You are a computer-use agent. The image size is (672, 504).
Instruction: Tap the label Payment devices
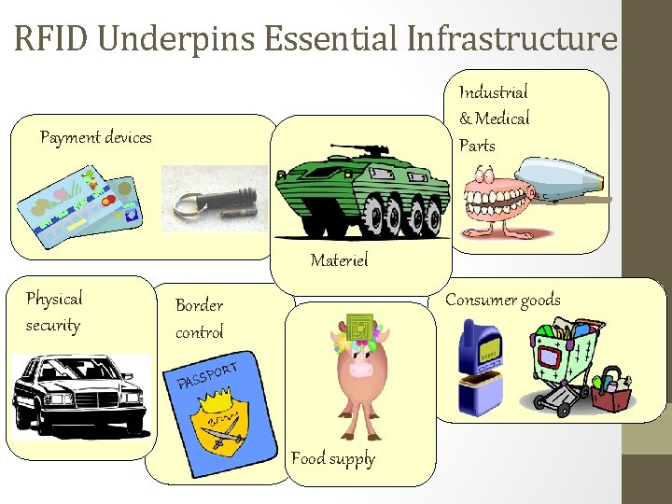95,138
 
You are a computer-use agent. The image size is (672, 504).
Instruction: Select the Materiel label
339,260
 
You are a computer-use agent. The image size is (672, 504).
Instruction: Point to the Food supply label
332,458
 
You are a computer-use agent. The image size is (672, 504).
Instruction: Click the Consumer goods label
502,300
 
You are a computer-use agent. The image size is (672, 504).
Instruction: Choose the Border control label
199,318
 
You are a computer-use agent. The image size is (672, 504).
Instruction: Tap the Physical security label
53,312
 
